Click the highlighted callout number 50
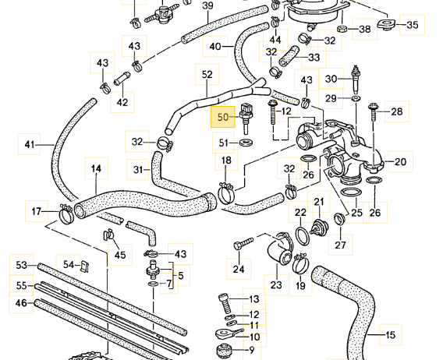222,117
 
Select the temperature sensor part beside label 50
246,118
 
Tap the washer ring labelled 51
246,143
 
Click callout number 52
207,75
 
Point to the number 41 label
29,145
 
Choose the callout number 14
96,168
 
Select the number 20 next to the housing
400,162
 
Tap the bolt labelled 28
372,112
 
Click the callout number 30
331,79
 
